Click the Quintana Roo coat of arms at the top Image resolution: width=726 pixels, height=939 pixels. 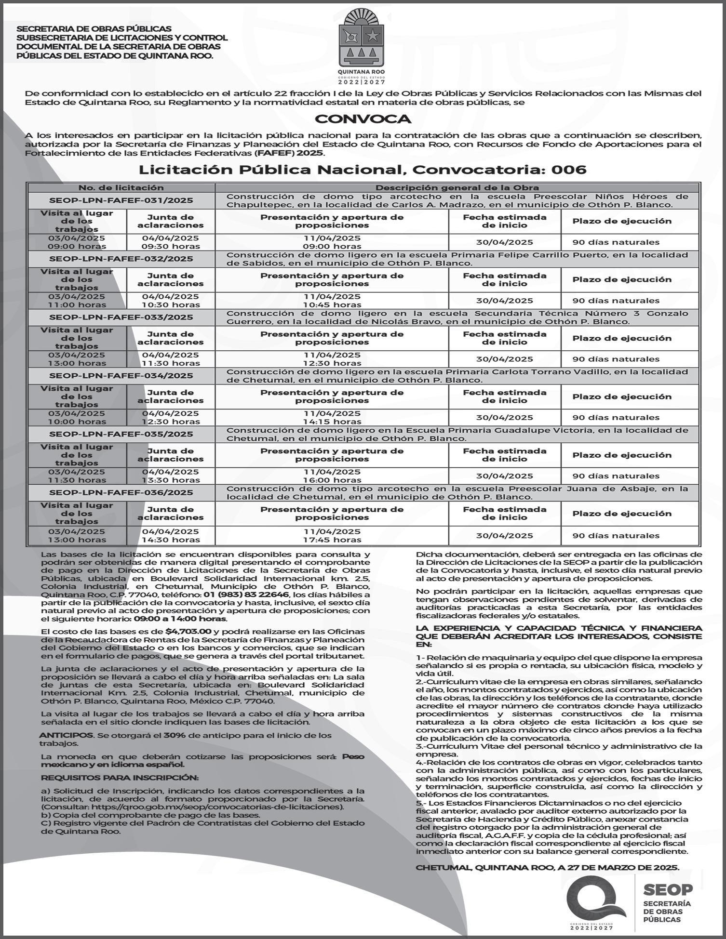(x=363, y=43)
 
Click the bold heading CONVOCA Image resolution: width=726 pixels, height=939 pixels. (x=363, y=119)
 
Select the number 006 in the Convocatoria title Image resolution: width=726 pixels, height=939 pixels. (x=569, y=170)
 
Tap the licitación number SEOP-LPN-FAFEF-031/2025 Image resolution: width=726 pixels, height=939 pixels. (x=121, y=200)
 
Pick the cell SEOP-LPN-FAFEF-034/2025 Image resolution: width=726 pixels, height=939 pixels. (x=121, y=376)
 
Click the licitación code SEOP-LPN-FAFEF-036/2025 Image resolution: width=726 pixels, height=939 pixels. (x=121, y=492)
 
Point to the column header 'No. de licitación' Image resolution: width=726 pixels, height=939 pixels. (x=121, y=188)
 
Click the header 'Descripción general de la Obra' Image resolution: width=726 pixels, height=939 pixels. (x=457, y=188)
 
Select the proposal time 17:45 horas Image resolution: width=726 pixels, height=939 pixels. (x=332, y=540)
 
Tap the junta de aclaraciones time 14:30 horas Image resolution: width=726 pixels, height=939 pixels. (x=171, y=540)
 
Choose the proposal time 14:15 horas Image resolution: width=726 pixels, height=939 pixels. (x=332, y=422)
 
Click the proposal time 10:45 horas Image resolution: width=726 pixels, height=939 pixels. (x=332, y=305)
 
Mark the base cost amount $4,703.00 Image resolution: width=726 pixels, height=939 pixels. (x=188, y=632)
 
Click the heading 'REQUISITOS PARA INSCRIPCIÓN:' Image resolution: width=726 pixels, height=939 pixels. (x=120, y=778)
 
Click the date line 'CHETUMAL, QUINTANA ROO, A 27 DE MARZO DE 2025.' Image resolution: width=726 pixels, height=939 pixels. (x=547, y=868)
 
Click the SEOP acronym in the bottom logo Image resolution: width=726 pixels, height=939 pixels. (x=668, y=889)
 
